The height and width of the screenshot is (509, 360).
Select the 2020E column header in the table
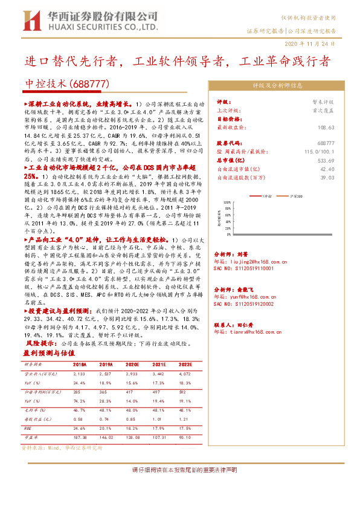132,365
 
